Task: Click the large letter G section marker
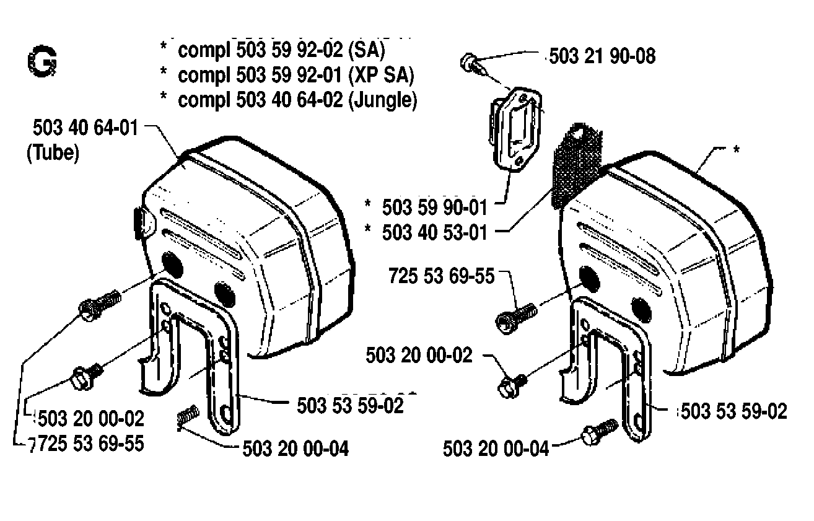click(x=42, y=61)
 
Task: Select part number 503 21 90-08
click(x=602, y=56)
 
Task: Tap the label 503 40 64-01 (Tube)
click(x=83, y=140)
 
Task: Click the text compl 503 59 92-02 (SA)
click(x=281, y=50)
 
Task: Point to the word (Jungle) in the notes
click(x=383, y=100)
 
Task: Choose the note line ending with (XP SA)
click(x=295, y=75)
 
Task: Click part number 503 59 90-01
click(x=434, y=208)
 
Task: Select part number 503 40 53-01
click(x=434, y=232)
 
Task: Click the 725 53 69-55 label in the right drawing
click(x=442, y=276)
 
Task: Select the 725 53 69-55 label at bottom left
click(x=87, y=444)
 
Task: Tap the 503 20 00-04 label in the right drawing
click(x=496, y=449)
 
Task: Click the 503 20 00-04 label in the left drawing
click(x=295, y=449)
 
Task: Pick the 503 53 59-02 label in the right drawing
click(x=733, y=411)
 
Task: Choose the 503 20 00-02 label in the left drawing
click(x=90, y=419)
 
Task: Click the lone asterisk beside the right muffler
click(x=736, y=150)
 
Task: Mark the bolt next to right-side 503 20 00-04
click(x=599, y=432)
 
